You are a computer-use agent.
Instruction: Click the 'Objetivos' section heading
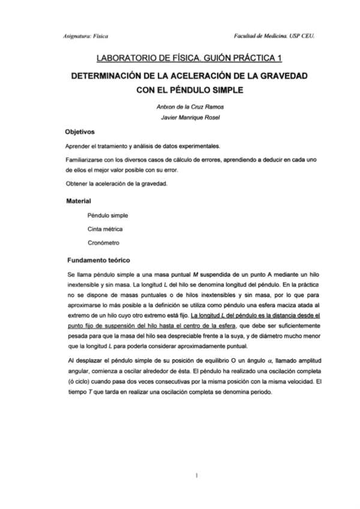(80, 131)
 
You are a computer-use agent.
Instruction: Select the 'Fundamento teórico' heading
(97, 261)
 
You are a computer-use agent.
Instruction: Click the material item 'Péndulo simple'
(107, 215)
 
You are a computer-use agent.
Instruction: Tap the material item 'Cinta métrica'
(106, 229)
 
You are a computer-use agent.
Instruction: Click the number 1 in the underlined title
(279, 58)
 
